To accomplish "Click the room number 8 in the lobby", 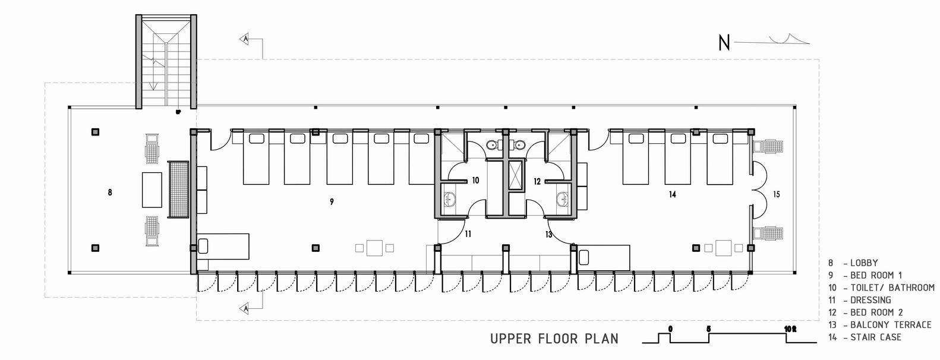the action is coord(110,192).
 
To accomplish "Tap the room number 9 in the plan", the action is coord(332,202).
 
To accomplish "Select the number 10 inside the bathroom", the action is coord(475,181).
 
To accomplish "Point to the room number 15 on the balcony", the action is coord(777,194).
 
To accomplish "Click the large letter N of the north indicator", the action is coord(724,43).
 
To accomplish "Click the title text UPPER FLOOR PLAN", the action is coord(554,339).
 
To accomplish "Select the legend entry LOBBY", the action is coord(864,263).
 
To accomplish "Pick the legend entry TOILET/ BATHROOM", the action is coord(892,288).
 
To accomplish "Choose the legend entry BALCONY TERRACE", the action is coord(891,325).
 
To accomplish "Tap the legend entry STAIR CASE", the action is coord(876,337).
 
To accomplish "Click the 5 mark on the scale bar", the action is coord(709,329).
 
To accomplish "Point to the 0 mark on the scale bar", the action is coord(670,329).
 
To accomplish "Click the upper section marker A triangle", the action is coord(245,39).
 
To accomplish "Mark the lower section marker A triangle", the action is coord(245,310).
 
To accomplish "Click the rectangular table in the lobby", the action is coord(152,190).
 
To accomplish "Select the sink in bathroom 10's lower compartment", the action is coord(450,199).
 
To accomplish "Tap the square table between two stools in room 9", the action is coord(375,248).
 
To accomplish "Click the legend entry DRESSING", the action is coord(870,300).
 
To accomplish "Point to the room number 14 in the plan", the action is coord(672,194).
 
